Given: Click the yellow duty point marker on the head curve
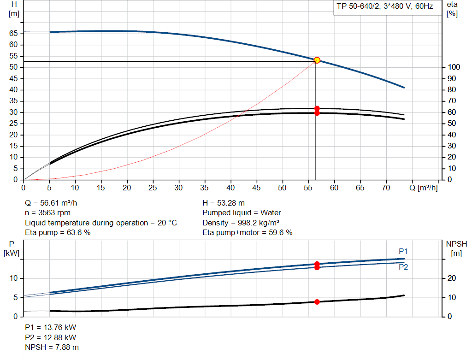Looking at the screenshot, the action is click(x=317, y=60).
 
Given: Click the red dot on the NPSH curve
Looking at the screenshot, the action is click(x=317, y=302).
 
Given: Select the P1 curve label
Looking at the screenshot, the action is click(x=403, y=251).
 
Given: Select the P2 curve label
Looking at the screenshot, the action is click(x=403, y=267).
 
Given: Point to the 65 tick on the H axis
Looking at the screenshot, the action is click(x=13, y=33).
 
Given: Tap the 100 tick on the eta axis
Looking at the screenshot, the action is click(x=454, y=67).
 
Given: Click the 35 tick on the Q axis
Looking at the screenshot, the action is click(x=204, y=188).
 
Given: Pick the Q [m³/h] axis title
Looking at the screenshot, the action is click(x=424, y=188).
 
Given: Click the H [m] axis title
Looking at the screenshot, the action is click(x=14, y=9).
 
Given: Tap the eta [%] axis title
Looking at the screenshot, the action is click(x=452, y=9).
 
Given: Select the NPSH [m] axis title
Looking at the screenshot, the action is click(x=456, y=248).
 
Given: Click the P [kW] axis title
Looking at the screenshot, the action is click(x=12, y=248).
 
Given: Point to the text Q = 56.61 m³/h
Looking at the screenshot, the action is click(x=51, y=203).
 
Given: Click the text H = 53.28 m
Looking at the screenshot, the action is click(x=224, y=203).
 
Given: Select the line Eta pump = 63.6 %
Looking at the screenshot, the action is click(x=58, y=233).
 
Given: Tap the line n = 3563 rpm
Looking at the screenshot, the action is click(x=47, y=213).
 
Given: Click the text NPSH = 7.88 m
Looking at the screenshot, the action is click(x=52, y=348).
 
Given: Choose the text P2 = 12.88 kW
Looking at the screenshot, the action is click(x=51, y=337).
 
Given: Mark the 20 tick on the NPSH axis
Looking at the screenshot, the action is click(x=452, y=278).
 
